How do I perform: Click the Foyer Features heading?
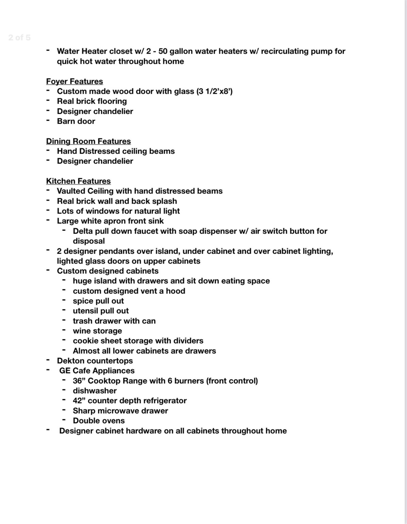point(75,82)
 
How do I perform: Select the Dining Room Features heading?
point(89,141)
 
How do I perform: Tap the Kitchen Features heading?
point(78,181)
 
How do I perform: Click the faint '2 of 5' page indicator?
point(19,38)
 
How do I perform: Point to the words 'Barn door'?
point(76,121)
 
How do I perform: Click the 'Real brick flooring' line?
point(92,101)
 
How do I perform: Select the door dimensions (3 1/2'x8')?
point(214,91)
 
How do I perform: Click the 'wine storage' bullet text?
point(97,331)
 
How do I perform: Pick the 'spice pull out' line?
point(98,301)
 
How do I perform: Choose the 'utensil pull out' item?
point(101,311)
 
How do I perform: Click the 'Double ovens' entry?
point(99,421)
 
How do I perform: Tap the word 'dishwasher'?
point(95,391)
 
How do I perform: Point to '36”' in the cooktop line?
point(79,381)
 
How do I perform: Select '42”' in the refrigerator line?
point(79,401)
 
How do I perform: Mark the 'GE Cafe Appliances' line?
point(97,371)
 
